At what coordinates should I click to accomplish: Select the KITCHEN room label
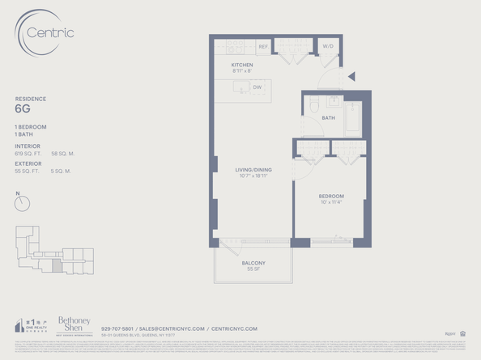(x=242, y=65)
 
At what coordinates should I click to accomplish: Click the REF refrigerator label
(x=262, y=47)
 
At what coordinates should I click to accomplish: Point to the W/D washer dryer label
(x=327, y=46)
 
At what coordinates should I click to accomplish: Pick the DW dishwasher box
(x=258, y=87)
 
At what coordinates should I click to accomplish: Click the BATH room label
(x=328, y=118)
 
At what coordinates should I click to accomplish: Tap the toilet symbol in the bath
(x=315, y=105)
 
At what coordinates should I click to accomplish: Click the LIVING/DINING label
(x=253, y=170)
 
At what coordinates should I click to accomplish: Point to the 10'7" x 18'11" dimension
(x=253, y=176)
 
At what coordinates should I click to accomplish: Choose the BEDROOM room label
(x=330, y=196)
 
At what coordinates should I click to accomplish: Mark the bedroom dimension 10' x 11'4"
(x=330, y=202)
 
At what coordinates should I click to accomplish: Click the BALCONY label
(x=253, y=263)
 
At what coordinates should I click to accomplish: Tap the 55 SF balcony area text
(x=253, y=269)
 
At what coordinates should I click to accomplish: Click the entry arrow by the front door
(x=351, y=78)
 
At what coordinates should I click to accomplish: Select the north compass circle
(x=22, y=205)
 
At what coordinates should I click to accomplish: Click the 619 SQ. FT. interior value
(x=28, y=153)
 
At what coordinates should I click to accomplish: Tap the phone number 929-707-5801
(x=117, y=328)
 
